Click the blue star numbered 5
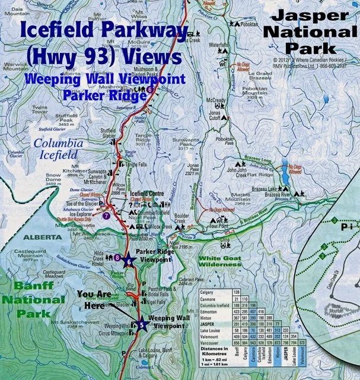tap(141, 324)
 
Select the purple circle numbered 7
tap(106, 216)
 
